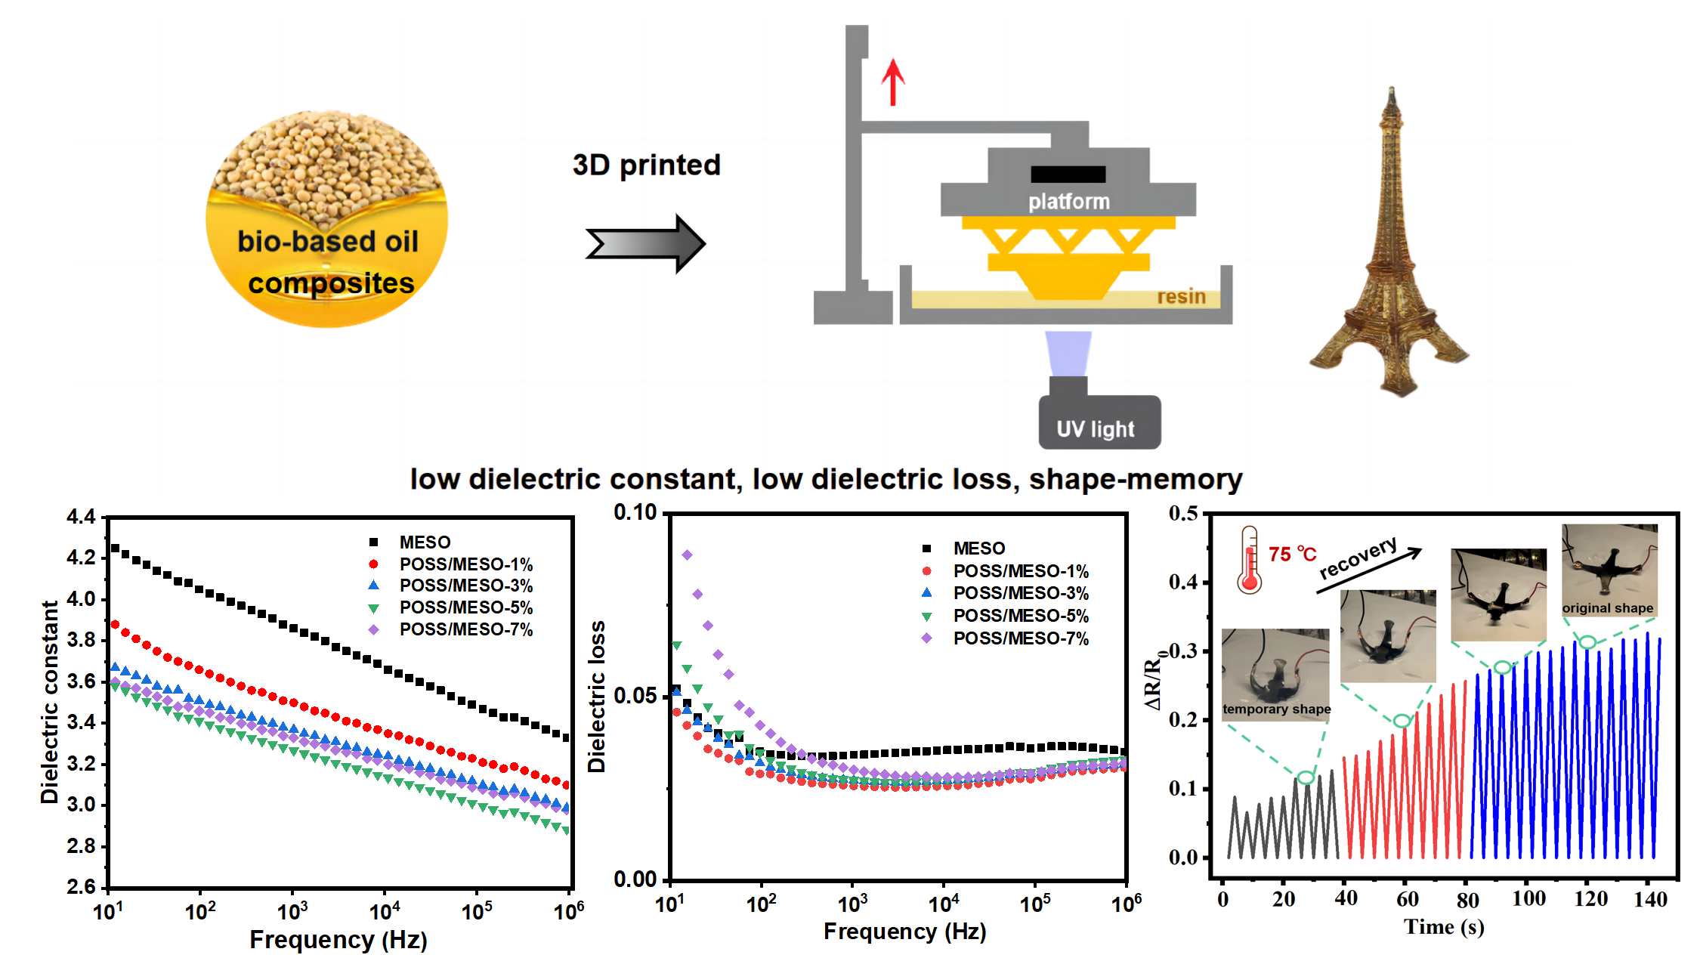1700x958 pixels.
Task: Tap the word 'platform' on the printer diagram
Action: click(x=1068, y=202)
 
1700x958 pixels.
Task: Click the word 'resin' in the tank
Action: click(x=1181, y=297)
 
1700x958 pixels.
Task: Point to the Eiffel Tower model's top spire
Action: click(x=1391, y=94)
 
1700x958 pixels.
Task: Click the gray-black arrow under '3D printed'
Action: click(x=646, y=243)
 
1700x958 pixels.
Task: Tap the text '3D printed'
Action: click(x=647, y=165)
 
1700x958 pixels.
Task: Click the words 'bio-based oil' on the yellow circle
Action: click(x=328, y=242)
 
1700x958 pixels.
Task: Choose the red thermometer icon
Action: click(x=1249, y=559)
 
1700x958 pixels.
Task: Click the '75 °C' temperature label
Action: click(x=1292, y=555)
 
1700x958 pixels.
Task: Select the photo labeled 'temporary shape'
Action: click(x=1276, y=672)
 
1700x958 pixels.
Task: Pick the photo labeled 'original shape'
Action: click(x=1609, y=570)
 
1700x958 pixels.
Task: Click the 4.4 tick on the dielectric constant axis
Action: click(x=81, y=518)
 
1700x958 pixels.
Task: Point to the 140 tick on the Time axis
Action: click(x=1650, y=899)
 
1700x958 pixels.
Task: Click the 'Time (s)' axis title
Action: click(x=1444, y=927)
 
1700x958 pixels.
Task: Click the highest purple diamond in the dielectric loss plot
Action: click(x=687, y=555)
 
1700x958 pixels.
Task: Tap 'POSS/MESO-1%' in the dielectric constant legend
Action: click(x=465, y=564)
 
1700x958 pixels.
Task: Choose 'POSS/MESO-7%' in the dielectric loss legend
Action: click(x=1020, y=638)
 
